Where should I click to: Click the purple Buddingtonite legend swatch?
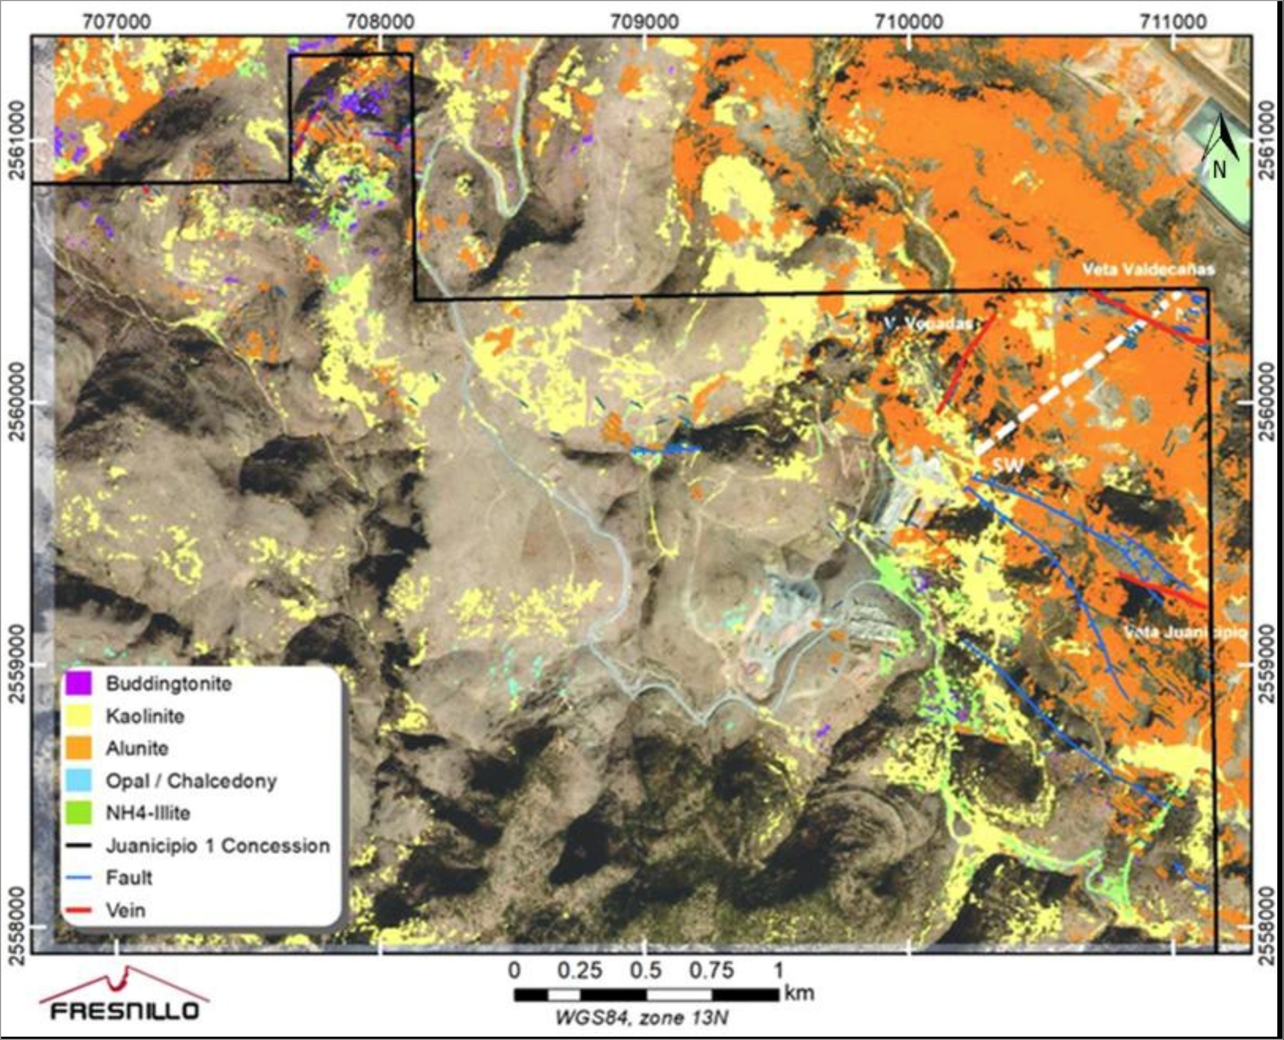tap(80, 684)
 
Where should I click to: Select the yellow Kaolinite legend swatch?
tap(80, 716)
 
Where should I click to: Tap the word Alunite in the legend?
tap(137, 748)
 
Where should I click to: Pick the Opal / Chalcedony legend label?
tap(191, 781)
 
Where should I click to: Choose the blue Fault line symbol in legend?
tap(80, 878)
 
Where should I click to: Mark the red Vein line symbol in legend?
tap(80, 911)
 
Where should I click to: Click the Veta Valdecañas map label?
tap(1148, 270)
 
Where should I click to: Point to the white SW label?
tap(1007, 464)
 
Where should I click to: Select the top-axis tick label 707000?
tap(117, 22)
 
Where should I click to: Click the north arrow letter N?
tap(1219, 171)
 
